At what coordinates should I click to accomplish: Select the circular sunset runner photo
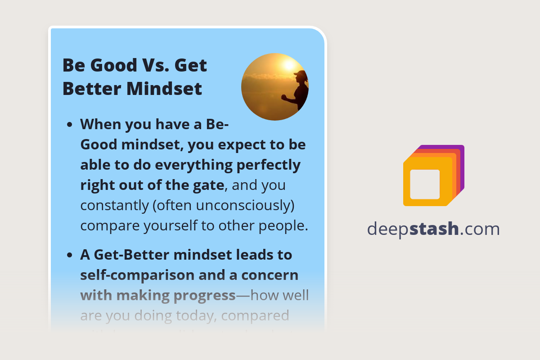pos(275,87)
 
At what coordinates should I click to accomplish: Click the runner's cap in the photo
pos(300,73)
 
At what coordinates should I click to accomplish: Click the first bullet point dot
pos(70,125)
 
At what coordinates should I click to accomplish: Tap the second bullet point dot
pos(70,256)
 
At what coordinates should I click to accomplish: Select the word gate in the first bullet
pos(209,185)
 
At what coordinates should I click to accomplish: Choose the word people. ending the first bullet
pos(286,225)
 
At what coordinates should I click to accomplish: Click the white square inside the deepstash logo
pos(425,184)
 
